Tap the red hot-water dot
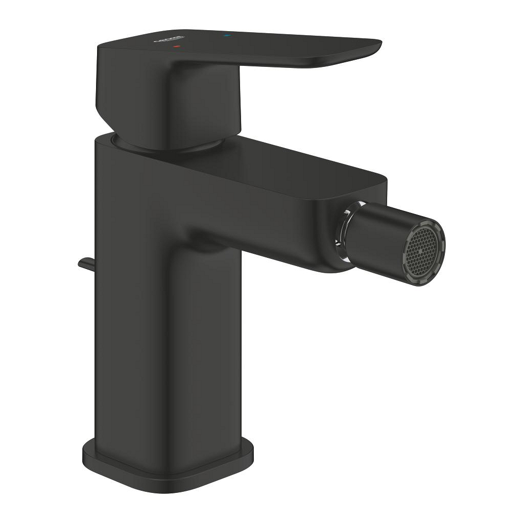(x=177, y=46)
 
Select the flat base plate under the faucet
(x=169, y=478)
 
